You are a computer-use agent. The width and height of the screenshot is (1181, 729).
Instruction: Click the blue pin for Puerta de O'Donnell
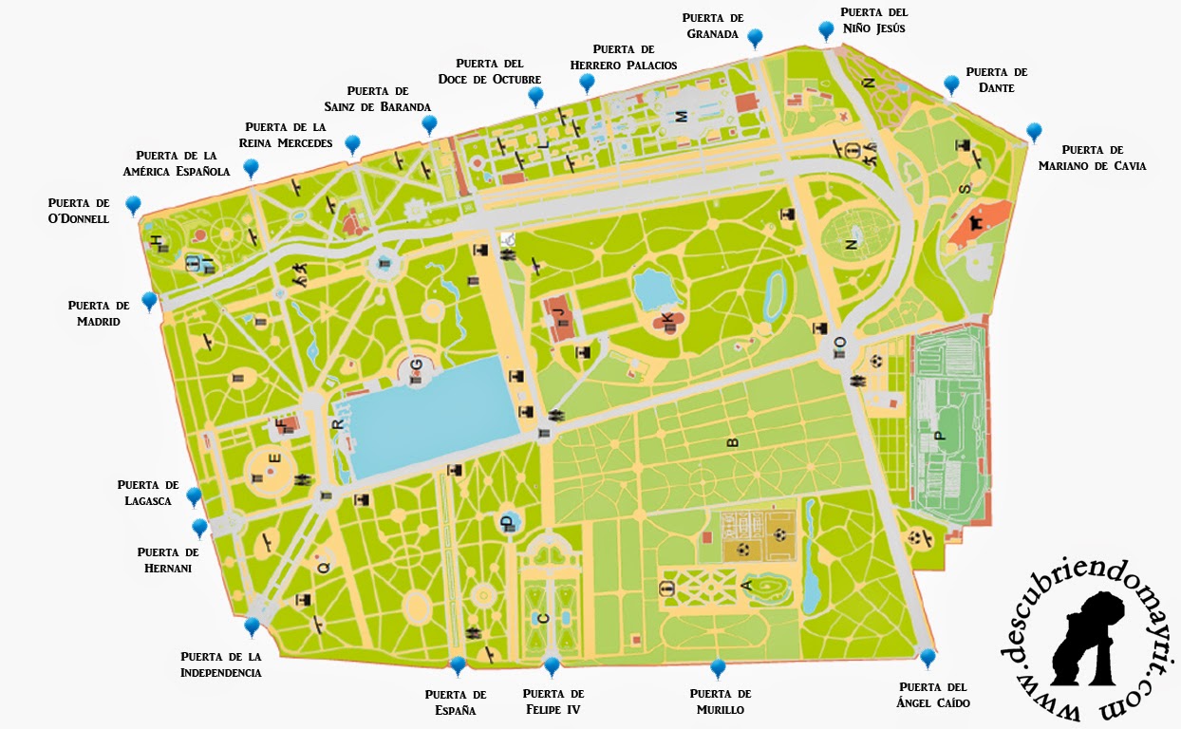133,203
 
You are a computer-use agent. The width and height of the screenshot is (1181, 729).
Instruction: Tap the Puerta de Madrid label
99,313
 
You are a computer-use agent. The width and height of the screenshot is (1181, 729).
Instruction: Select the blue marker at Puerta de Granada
755,37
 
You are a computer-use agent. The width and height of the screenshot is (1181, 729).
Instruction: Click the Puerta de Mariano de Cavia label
1092,158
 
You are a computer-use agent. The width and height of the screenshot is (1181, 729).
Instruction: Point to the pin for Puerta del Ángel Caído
928,656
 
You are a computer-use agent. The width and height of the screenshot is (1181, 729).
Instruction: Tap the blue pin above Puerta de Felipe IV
552,664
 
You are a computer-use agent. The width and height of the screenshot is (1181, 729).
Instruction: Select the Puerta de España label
456,701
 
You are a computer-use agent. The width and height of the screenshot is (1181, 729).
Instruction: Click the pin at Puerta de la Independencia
252,626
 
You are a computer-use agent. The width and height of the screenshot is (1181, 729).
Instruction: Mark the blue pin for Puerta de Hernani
199,527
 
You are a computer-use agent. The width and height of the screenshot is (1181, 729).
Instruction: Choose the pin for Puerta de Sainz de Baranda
429,123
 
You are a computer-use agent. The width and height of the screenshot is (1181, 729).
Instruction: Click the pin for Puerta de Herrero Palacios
587,82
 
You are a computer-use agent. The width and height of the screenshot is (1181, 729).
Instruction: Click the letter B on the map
732,442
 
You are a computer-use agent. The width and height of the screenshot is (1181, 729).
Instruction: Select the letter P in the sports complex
941,437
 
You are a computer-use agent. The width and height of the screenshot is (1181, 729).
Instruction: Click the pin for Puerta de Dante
951,84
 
